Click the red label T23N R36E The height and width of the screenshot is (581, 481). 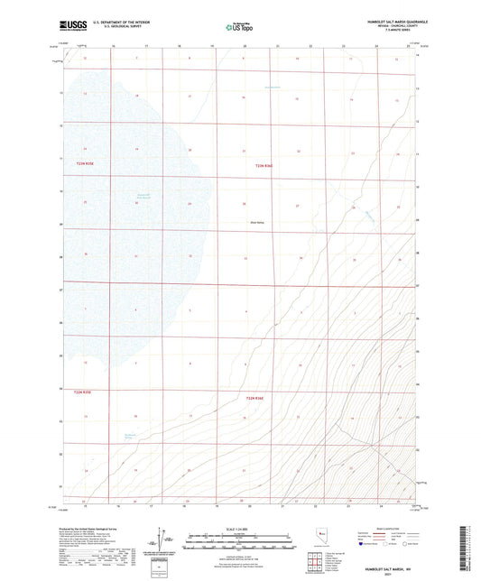264,165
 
